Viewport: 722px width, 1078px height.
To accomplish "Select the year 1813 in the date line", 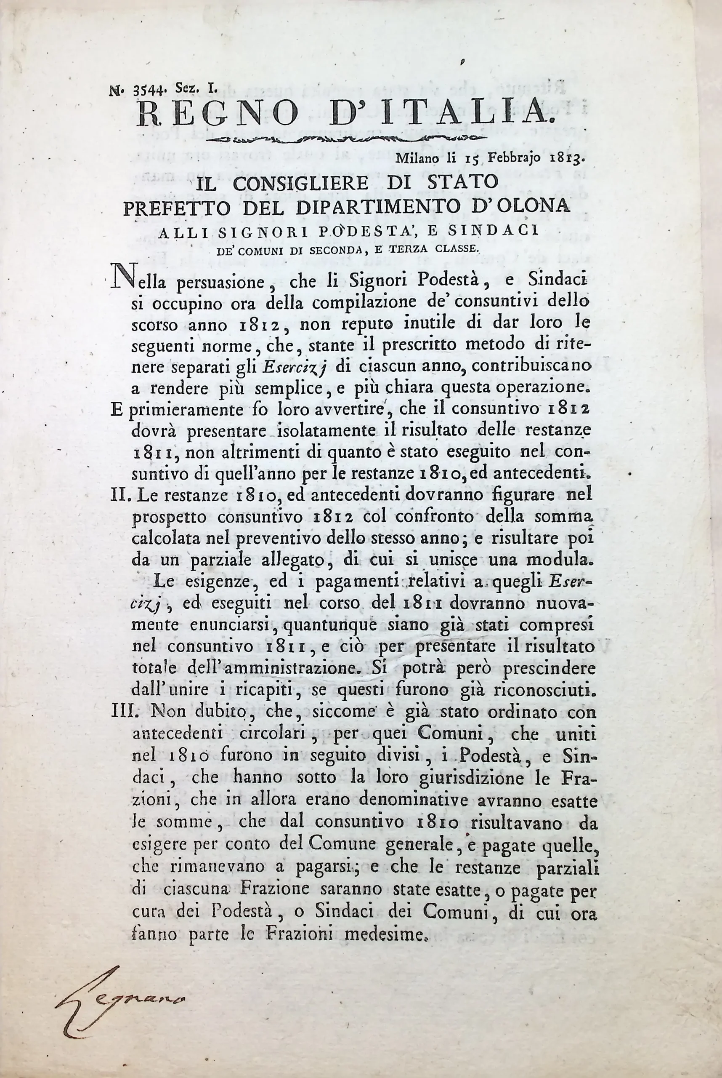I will [x=568, y=160].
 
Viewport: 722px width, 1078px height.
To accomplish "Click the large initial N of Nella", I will [x=120, y=280].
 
